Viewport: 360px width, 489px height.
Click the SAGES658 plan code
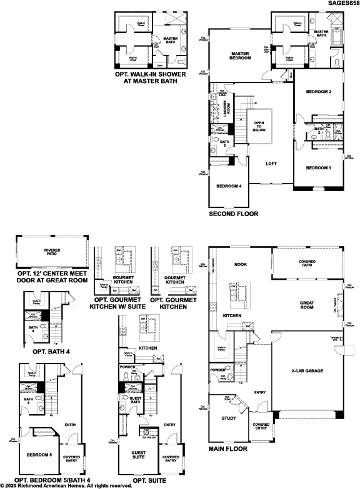pyautogui.click(x=342, y=4)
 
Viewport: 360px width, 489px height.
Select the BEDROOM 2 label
pyautogui.click(x=318, y=92)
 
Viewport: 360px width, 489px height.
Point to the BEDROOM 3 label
pyautogui.click(x=318, y=167)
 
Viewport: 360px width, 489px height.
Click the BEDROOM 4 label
pyautogui.click(x=229, y=186)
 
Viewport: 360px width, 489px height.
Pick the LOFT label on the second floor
pyautogui.click(x=271, y=164)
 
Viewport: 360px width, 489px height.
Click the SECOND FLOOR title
pyautogui.click(x=234, y=214)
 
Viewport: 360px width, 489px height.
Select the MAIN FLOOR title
pyautogui.click(x=229, y=448)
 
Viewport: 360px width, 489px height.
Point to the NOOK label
pyautogui.click(x=240, y=264)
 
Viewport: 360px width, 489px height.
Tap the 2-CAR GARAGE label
pyautogui.click(x=306, y=371)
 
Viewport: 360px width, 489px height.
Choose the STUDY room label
pyautogui.click(x=229, y=418)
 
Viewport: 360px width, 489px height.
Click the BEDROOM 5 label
pyautogui.click(x=39, y=454)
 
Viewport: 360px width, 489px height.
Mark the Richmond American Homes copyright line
pyautogui.click(x=66, y=485)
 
